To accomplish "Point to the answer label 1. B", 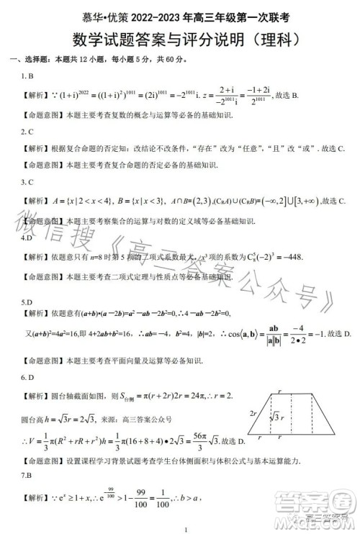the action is point(25,76).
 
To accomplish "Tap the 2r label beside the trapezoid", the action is point(253,415).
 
